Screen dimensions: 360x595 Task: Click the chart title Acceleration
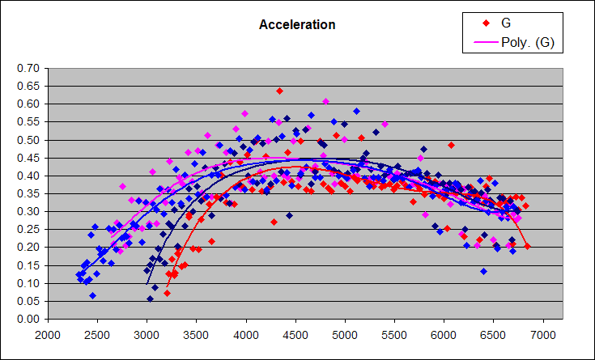pos(296,25)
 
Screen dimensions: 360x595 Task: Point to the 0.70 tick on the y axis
pos(29,68)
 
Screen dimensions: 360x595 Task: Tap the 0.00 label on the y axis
pos(29,319)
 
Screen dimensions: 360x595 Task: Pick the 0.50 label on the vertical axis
pos(29,140)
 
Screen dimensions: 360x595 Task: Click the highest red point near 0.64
pos(279,91)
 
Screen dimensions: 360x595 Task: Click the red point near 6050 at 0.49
pos(451,145)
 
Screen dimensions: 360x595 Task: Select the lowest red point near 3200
pos(167,293)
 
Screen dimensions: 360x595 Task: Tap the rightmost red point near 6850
pos(528,246)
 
